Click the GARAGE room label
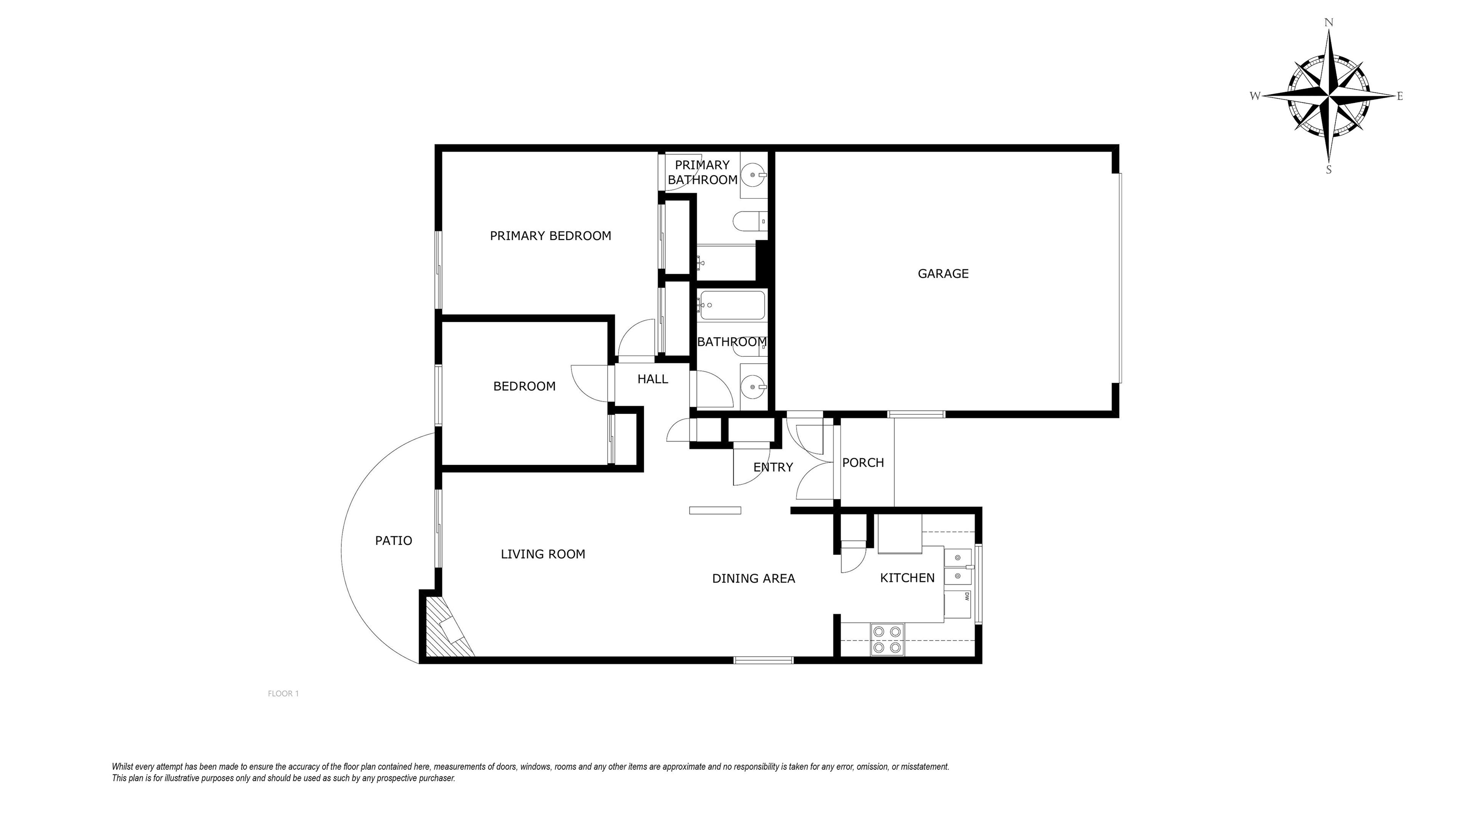pyautogui.click(x=943, y=274)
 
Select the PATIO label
pyautogui.click(x=393, y=541)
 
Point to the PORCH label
pyautogui.click(x=862, y=463)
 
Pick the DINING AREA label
pyautogui.click(x=753, y=579)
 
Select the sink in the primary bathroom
pyautogui.click(x=754, y=175)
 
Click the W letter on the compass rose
pyautogui.click(x=1254, y=96)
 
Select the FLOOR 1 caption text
pyautogui.click(x=283, y=693)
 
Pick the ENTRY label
pyautogui.click(x=772, y=467)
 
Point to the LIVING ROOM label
pyautogui.click(x=542, y=554)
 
